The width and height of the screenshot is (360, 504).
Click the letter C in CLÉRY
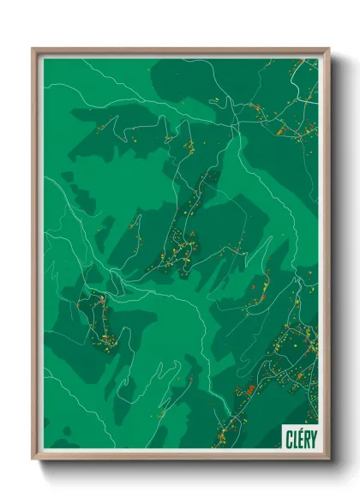pyautogui.click(x=289, y=438)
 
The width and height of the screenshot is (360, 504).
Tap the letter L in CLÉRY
pyautogui.click(x=295, y=438)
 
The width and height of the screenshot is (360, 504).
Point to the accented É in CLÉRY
pyautogui.click(x=300, y=437)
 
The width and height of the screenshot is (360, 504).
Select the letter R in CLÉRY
pyautogui.click(x=306, y=438)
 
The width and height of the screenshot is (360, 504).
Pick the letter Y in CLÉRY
pyautogui.click(x=312, y=438)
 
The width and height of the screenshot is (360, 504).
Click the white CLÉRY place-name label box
pyautogui.click(x=300, y=437)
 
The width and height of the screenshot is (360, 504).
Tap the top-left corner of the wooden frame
pyautogui.click(x=33, y=49)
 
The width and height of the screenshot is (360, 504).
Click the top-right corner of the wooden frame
pyautogui.click(x=328, y=49)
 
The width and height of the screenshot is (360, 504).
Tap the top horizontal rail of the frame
pyautogui.click(x=180, y=51)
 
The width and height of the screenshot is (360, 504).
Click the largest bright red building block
pyautogui.click(x=250, y=390)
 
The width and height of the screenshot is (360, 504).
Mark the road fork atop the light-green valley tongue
pyautogui.click(x=232, y=129)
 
